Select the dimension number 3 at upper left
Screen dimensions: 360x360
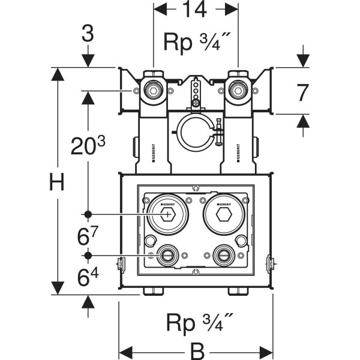pos(88,34)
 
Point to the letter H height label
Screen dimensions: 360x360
pos(56,181)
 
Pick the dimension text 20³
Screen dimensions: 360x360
pos(88,146)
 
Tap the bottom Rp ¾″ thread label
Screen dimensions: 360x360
pos(196,324)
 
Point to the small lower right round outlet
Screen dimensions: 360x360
pos(224,256)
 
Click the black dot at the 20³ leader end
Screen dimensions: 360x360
pos(88,214)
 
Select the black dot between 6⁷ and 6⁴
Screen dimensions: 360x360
pos(88,256)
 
